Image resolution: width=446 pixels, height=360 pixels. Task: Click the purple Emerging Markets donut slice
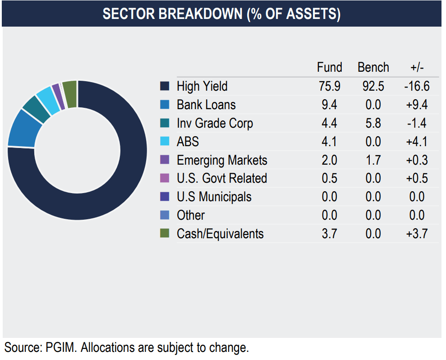pyautogui.click(x=59, y=97)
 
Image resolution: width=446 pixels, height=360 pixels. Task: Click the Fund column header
pyautogui.click(x=329, y=68)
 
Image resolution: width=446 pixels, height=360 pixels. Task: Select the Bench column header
pyautogui.click(x=373, y=68)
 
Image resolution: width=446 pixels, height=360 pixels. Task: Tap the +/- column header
pyautogui.click(x=417, y=68)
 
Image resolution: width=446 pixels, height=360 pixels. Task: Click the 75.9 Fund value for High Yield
pyautogui.click(x=329, y=86)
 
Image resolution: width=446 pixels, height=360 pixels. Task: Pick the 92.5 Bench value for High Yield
pyautogui.click(x=373, y=86)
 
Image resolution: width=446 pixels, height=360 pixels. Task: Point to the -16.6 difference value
pyautogui.click(x=417, y=86)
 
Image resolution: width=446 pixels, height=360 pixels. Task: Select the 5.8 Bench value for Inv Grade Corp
pyautogui.click(x=373, y=123)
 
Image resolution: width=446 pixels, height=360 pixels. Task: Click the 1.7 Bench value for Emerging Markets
pyautogui.click(x=373, y=160)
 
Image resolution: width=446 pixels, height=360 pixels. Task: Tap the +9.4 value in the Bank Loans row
pyautogui.click(x=417, y=105)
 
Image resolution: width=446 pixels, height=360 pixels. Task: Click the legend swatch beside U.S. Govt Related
pyautogui.click(x=165, y=178)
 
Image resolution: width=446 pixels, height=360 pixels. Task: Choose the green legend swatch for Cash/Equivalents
pyautogui.click(x=165, y=233)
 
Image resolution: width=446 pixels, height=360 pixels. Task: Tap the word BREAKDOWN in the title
pyautogui.click(x=200, y=14)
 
